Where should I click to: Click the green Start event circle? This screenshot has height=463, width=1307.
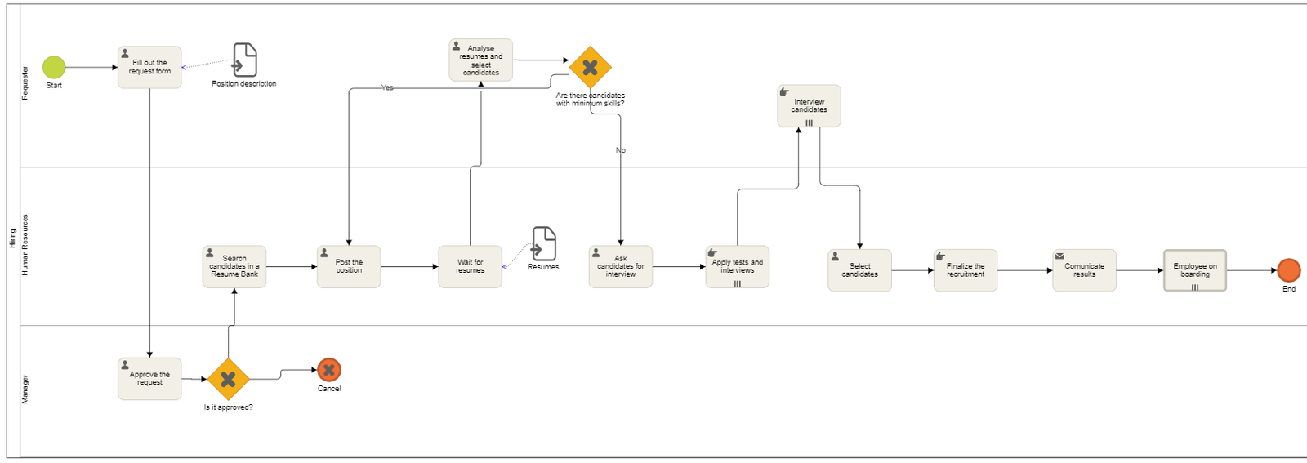coord(54,67)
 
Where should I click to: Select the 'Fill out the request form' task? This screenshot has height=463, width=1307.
coord(149,67)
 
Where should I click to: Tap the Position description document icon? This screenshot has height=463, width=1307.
coord(244,60)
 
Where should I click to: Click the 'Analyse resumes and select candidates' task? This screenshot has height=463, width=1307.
coord(480,60)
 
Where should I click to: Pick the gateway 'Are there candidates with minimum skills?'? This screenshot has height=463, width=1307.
coord(590,68)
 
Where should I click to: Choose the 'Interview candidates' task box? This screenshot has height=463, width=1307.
coord(809,106)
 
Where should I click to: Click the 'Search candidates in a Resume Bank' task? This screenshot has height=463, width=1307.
coord(234,267)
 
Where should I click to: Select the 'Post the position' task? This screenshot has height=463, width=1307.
coord(349,267)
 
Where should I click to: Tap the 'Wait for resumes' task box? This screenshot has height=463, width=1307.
coord(470,267)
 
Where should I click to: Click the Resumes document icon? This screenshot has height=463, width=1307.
coord(544,244)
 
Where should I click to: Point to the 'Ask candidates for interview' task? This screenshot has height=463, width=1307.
coord(620,267)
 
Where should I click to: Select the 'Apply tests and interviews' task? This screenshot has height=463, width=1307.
coord(737,267)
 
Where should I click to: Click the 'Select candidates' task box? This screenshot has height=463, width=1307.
coord(859,270)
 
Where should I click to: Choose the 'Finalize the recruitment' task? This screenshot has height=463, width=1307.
coord(965,270)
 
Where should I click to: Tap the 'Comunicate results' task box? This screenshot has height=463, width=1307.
coord(1084,270)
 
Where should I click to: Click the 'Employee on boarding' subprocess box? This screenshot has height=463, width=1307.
coord(1194,270)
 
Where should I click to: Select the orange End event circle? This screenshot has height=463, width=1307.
coord(1288,270)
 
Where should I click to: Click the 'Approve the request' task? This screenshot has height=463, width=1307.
coord(149,379)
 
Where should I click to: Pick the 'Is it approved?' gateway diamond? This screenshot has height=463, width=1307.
coord(228,379)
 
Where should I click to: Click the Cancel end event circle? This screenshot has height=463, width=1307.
coord(329,370)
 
